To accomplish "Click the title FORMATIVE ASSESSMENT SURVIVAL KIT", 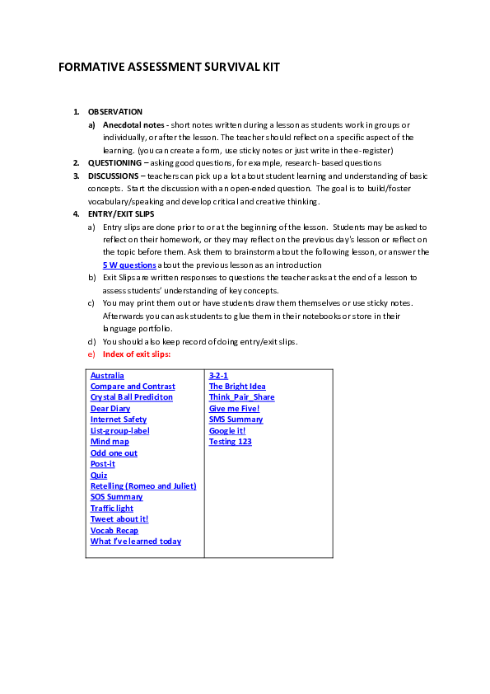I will (x=169, y=68).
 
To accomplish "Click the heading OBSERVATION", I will (x=115, y=112).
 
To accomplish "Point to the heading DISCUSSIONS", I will (x=114, y=176).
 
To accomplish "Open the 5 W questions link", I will (x=129, y=265).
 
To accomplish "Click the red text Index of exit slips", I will (x=137, y=354).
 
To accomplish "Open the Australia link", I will (x=107, y=376).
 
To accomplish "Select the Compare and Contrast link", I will (x=133, y=387).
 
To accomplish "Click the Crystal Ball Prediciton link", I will (x=132, y=397).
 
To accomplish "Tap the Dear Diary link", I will (x=110, y=409).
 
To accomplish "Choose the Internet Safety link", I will (x=119, y=420).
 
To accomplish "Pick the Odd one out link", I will (x=114, y=453).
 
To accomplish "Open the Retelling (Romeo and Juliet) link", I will (x=143, y=486).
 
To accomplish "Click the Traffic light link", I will (x=112, y=509).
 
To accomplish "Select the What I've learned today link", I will (x=136, y=542).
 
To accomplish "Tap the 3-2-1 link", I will (x=218, y=376).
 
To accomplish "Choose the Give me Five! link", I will (x=234, y=409).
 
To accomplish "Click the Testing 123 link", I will (x=231, y=442).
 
